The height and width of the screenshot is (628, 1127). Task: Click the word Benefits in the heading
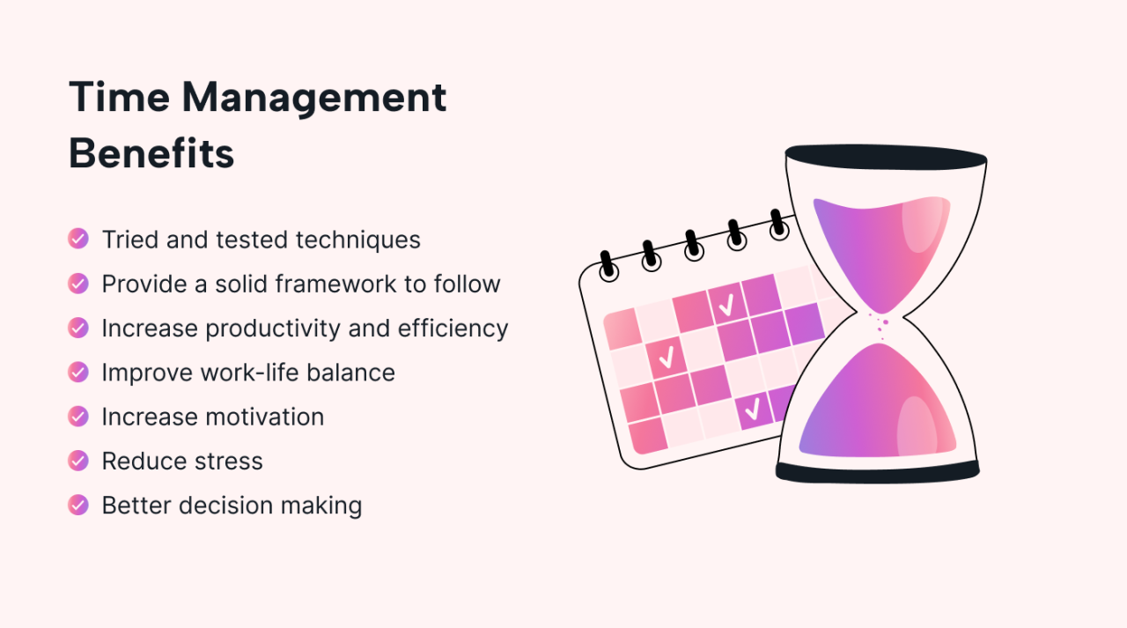point(151,153)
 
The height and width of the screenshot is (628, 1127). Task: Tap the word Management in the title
point(314,97)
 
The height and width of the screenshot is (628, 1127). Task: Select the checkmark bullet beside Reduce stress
point(78,460)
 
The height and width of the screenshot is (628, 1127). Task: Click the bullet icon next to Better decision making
point(78,505)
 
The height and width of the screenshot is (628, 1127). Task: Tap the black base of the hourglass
point(877,471)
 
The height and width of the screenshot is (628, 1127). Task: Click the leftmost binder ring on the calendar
point(608,267)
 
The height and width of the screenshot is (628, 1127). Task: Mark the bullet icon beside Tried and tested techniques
point(78,239)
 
